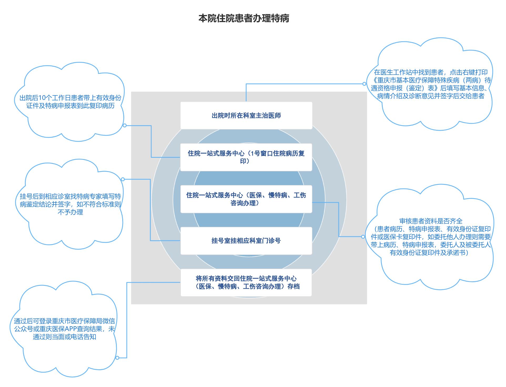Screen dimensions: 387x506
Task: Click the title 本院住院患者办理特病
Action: [244, 18]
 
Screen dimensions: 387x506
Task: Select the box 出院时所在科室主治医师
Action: [246, 115]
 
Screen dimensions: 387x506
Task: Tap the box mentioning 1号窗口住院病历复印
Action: [246, 157]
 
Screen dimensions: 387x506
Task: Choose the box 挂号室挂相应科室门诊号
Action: [246, 241]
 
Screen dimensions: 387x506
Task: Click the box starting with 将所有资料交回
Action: [246, 282]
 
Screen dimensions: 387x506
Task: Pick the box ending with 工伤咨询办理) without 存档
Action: [246, 199]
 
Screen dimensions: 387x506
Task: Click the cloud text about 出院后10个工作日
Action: [70, 102]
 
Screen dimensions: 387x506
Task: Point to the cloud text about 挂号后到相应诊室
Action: [70, 204]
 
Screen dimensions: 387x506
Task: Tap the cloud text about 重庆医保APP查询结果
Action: [64, 329]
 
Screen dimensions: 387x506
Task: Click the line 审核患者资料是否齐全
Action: [431, 221]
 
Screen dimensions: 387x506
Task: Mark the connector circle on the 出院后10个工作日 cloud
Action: [125, 125]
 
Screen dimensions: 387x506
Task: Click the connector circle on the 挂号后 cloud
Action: [123, 179]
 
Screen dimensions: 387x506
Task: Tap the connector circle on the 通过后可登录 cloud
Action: [117, 358]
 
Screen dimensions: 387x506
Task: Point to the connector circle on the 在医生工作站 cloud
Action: [364, 84]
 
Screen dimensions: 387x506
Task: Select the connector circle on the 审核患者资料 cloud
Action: [363, 237]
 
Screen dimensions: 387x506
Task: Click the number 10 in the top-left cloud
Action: [42, 98]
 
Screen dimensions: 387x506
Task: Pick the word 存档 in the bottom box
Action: [294, 287]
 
